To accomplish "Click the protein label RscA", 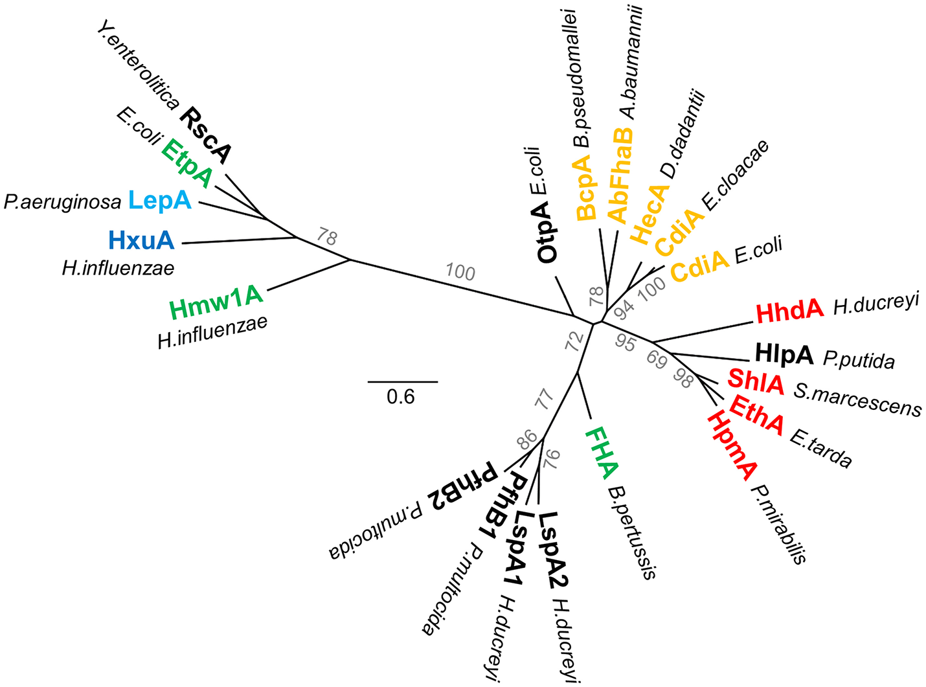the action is point(205,136).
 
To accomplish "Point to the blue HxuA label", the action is point(142,241).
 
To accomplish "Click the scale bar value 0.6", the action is point(401,396).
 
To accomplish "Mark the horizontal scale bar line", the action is point(403,381).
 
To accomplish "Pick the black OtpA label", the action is point(547,231).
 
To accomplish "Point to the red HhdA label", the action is point(789,311).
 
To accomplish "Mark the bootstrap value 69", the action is point(657,361).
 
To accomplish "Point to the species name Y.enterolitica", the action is point(139,64).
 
